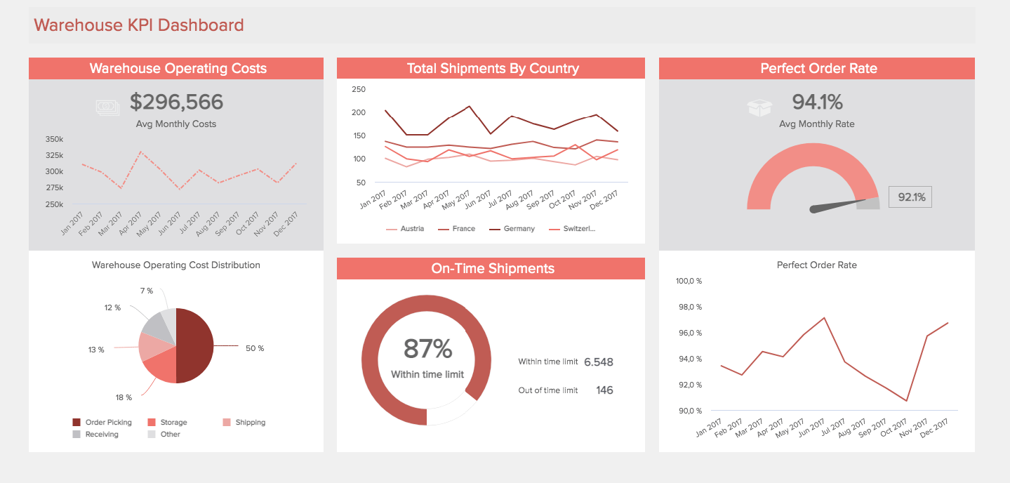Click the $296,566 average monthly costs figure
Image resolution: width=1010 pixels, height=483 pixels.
tap(176, 102)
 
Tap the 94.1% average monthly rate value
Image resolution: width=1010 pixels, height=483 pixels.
tap(817, 102)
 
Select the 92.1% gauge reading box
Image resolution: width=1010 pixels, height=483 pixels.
tap(910, 197)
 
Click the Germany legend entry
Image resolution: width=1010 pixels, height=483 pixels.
tap(512, 229)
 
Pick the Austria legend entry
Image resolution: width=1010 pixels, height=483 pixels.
tap(405, 229)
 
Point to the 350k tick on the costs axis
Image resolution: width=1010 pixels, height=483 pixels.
tap(54, 139)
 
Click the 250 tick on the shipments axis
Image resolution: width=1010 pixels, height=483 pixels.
tap(359, 89)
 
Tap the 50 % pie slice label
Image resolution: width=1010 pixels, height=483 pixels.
tap(255, 348)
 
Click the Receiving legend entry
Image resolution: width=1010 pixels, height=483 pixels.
tap(95, 435)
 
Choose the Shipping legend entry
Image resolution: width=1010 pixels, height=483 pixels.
tap(244, 422)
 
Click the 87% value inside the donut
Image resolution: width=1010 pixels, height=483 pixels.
tap(427, 349)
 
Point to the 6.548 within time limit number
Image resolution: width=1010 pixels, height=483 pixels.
tap(598, 362)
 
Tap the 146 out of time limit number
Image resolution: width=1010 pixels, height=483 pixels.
tap(604, 390)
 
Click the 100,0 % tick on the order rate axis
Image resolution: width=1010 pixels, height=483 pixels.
tap(689, 281)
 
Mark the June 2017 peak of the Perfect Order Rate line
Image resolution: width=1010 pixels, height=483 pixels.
tap(824, 318)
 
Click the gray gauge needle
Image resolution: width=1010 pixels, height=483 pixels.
tap(838, 204)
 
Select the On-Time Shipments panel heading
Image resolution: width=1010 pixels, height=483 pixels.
tap(493, 268)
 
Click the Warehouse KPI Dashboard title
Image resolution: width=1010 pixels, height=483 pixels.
tap(139, 25)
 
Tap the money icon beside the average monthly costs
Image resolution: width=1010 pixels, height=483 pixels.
tap(108, 107)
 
